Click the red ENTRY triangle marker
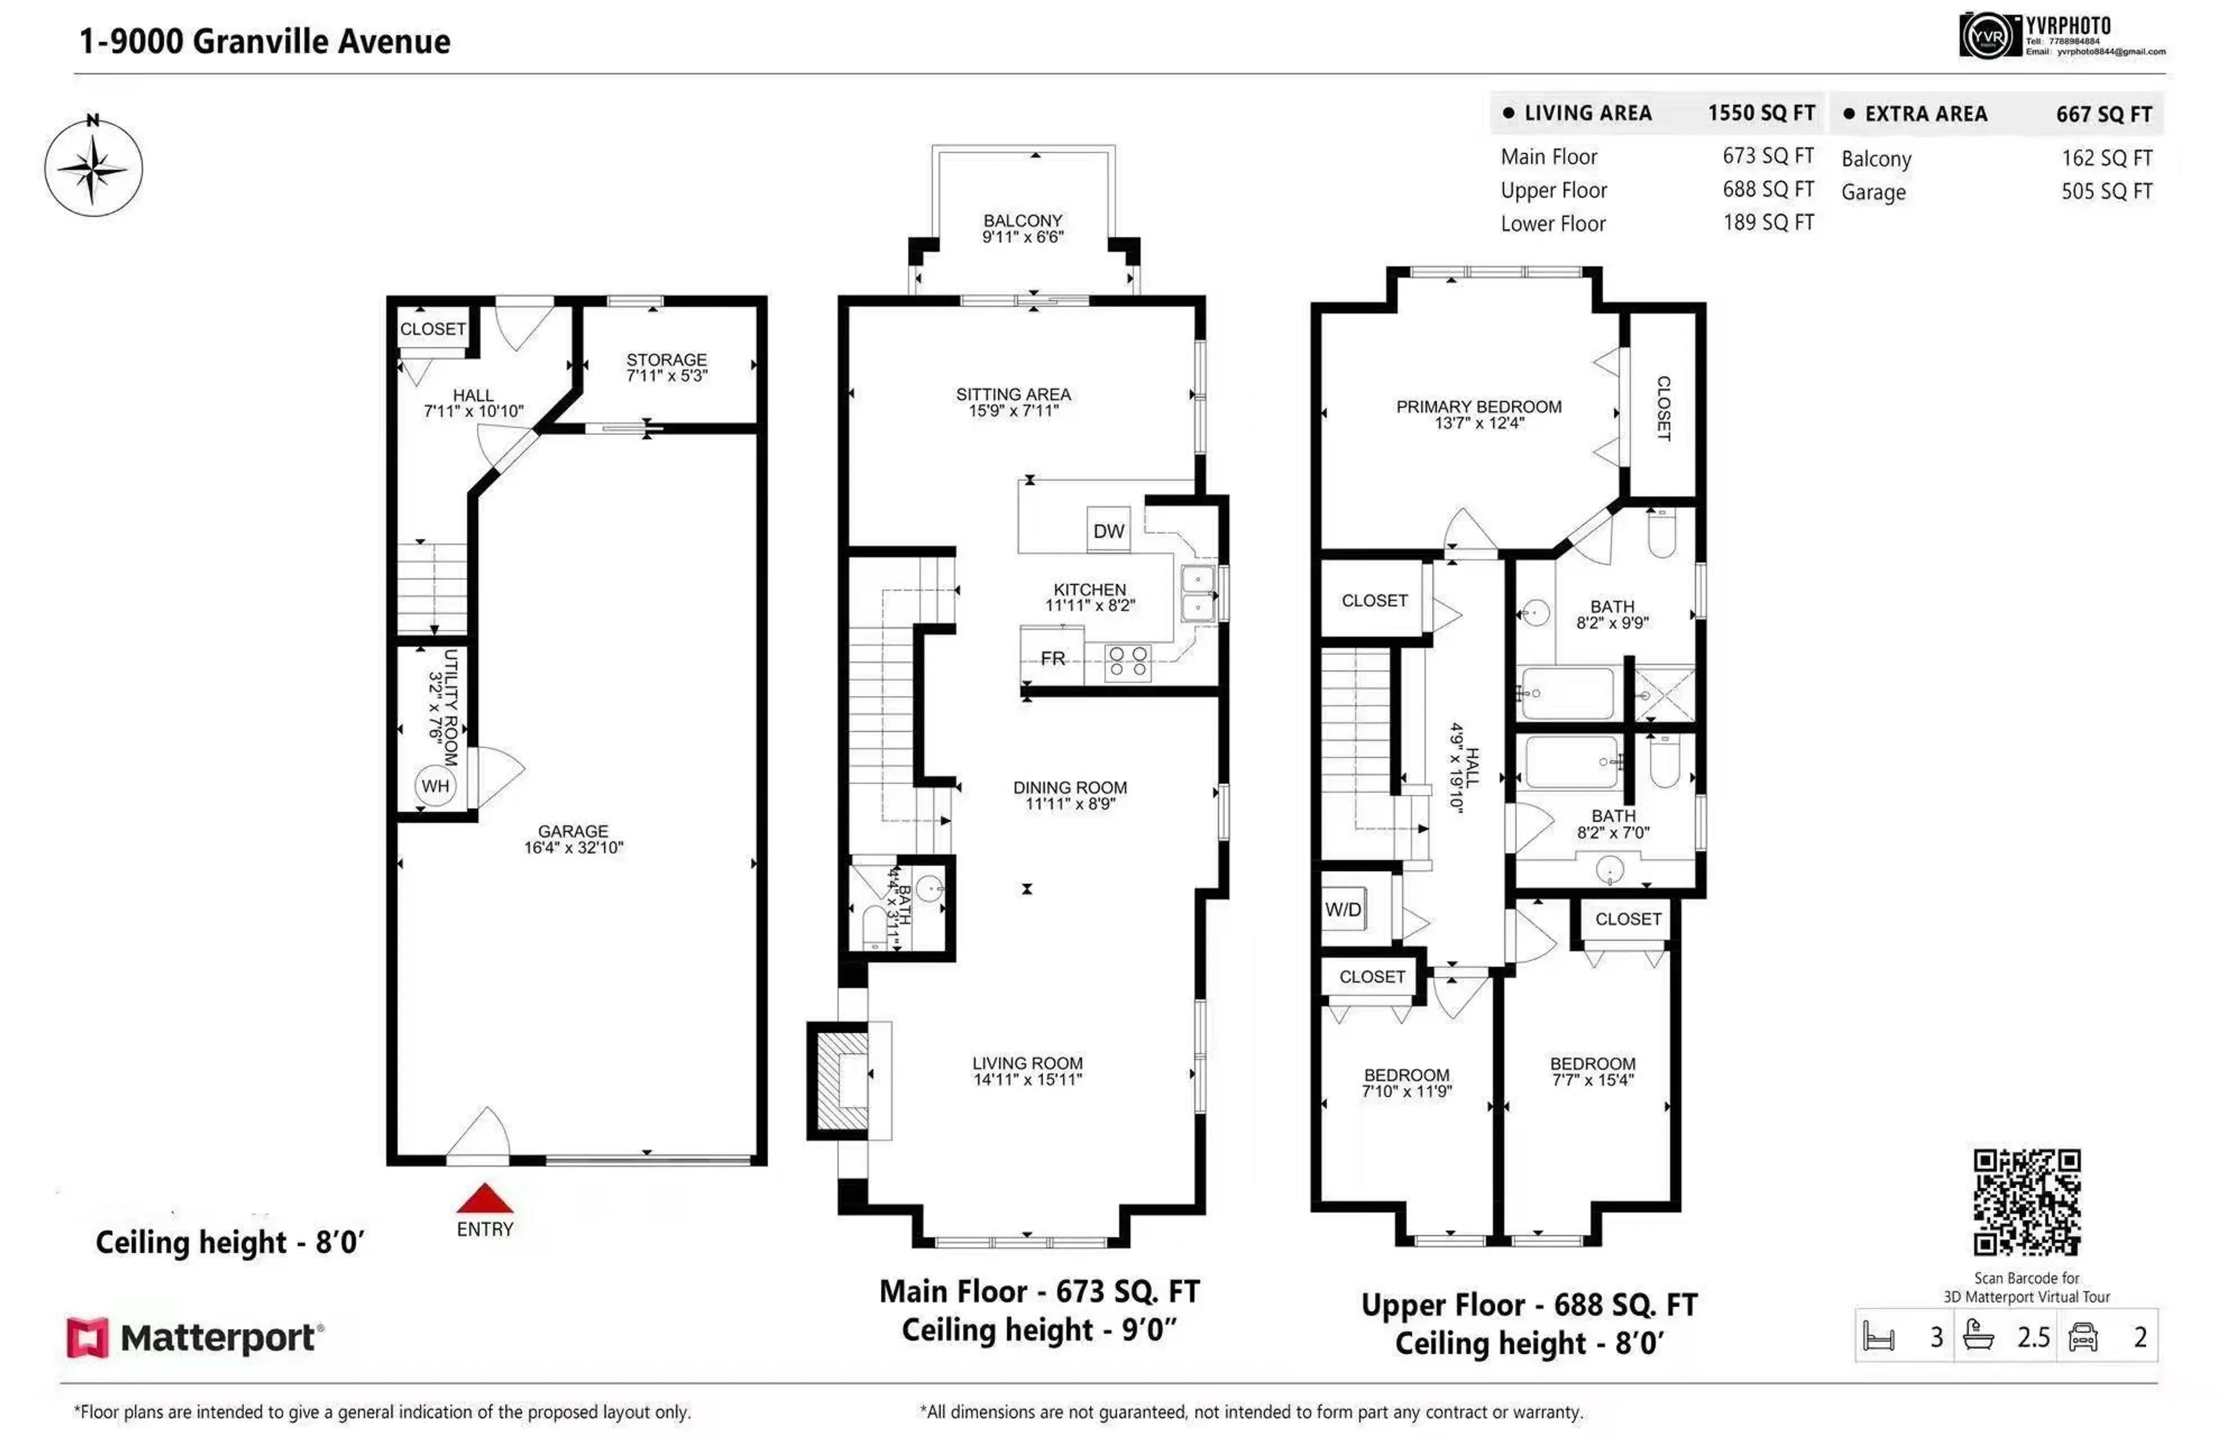484,1198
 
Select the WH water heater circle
435,786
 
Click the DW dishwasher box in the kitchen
1108,531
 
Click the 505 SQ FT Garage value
2106,191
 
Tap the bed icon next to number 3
1878,1336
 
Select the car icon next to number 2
2083,1336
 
